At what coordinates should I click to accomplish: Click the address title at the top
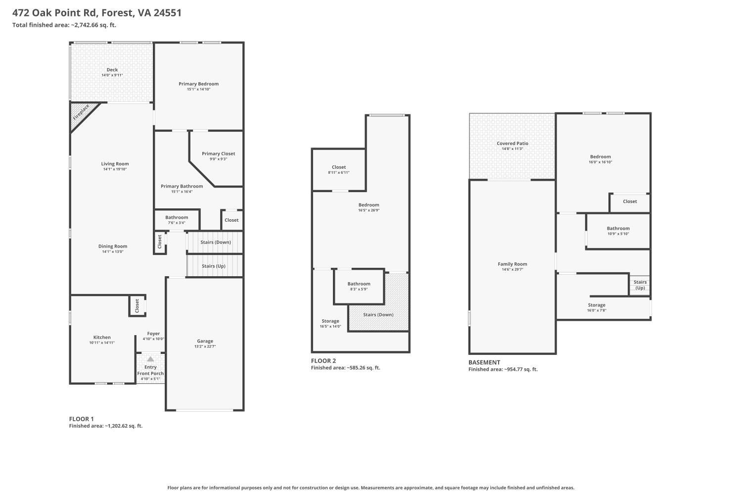(97, 13)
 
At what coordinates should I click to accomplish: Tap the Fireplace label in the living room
(81, 113)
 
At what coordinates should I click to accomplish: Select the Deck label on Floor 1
(112, 70)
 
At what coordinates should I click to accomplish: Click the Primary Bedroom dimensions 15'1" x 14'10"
(198, 90)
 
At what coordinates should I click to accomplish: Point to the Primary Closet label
(218, 153)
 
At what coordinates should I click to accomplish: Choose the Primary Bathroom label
(182, 186)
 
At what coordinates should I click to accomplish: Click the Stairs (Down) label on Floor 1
(216, 242)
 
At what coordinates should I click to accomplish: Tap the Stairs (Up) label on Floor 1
(214, 266)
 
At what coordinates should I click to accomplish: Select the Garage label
(205, 341)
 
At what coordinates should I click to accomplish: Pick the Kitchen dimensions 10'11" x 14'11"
(102, 343)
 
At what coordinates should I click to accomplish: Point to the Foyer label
(153, 334)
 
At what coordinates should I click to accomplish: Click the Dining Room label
(113, 246)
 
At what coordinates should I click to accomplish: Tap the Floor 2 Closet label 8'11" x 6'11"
(339, 167)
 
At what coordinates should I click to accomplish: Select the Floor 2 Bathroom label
(359, 284)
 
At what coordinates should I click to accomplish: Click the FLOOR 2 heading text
(324, 361)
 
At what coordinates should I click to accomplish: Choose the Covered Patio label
(512, 143)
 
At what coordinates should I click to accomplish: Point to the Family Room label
(512, 264)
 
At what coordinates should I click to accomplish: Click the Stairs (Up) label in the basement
(640, 285)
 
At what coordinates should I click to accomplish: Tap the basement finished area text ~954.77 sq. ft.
(503, 369)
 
